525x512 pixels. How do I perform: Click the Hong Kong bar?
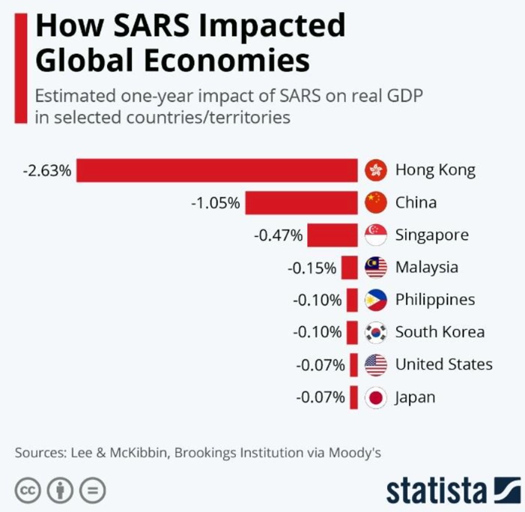(217, 170)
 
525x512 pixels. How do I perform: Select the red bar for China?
(301, 202)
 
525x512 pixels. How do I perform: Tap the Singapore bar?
(333, 235)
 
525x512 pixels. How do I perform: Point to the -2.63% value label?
(48, 170)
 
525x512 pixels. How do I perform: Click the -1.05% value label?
(216, 202)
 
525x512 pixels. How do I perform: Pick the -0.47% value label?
(279, 235)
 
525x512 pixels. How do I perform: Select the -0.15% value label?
(312, 267)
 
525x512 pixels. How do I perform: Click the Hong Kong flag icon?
(375, 170)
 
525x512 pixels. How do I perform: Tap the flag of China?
(375, 202)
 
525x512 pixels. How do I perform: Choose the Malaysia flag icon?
(375, 267)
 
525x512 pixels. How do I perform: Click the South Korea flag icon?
(375, 332)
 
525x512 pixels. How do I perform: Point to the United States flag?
(375, 365)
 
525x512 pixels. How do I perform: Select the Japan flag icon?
(375, 397)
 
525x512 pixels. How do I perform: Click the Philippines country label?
(435, 300)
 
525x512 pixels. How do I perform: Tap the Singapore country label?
(432, 235)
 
